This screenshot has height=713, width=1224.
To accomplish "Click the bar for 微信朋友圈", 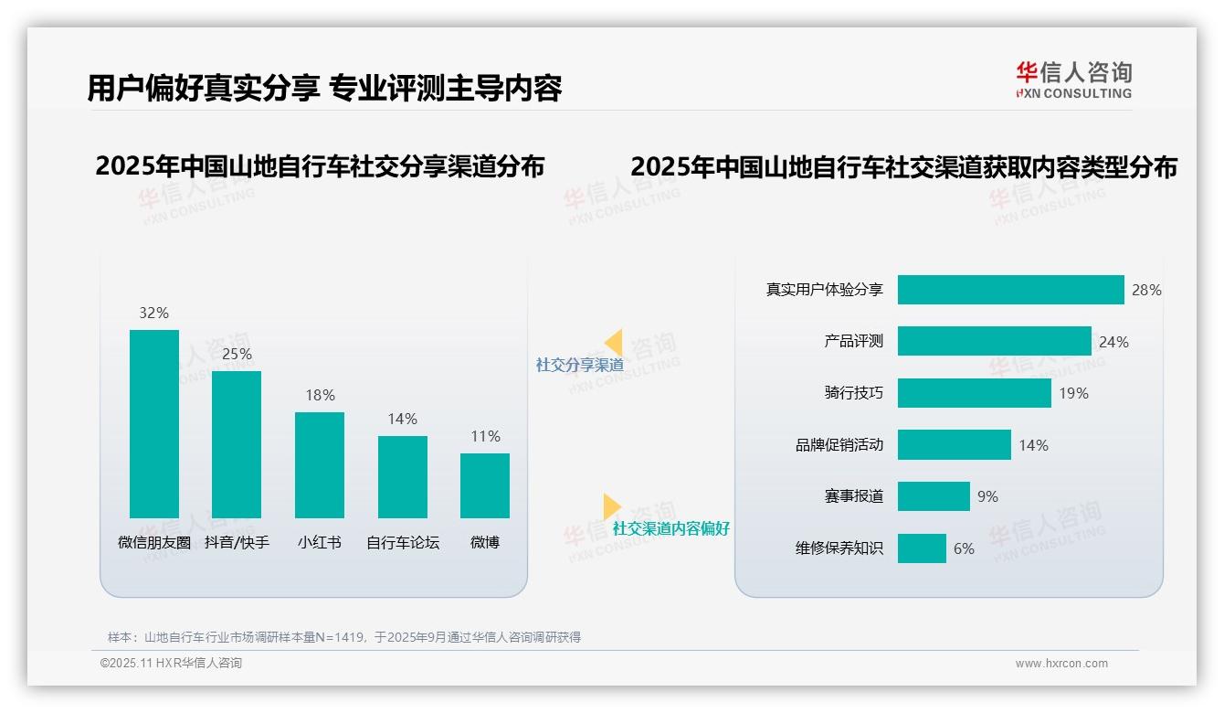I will pyautogui.click(x=154, y=423).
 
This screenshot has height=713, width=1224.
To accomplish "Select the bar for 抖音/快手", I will pyautogui.click(x=237, y=444).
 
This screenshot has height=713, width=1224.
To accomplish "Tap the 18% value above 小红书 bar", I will pyautogui.click(x=320, y=395).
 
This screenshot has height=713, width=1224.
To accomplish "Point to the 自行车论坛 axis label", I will pyautogui.click(x=403, y=542).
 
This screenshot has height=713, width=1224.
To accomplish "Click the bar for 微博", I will pyautogui.click(x=485, y=485).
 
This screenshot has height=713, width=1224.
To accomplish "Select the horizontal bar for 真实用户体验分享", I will pyautogui.click(x=1010, y=290).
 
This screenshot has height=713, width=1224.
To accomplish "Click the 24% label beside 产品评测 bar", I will pyautogui.click(x=1113, y=342).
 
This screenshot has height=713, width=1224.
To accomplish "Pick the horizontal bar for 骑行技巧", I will pyautogui.click(x=974, y=393).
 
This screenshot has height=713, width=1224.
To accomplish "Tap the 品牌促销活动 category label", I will pyautogui.click(x=839, y=445).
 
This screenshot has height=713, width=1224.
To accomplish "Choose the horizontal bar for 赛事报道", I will pyautogui.click(x=934, y=496).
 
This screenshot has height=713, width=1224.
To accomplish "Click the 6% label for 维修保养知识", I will pyautogui.click(x=964, y=548).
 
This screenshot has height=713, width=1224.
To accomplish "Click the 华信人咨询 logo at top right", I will pyautogui.click(x=1073, y=80).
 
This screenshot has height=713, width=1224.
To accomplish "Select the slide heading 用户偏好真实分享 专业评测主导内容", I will pyautogui.click(x=324, y=88).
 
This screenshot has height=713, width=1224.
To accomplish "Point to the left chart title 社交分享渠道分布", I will pyautogui.click(x=320, y=166).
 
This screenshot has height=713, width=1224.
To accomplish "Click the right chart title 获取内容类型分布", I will pyautogui.click(x=903, y=167).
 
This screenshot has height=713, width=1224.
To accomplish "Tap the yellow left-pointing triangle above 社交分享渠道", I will pyautogui.click(x=614, y=343).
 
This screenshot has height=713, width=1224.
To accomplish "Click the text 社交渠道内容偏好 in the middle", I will pyautogui.click(x=670, y=528).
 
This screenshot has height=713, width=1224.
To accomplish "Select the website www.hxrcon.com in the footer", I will pyautogui.click(x=1060, y=664).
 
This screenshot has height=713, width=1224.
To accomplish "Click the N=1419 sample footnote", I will pyautogui.click(x=343, y=637).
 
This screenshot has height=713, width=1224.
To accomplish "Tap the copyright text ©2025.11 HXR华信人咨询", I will pyautogui.click(x=171, y=664).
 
